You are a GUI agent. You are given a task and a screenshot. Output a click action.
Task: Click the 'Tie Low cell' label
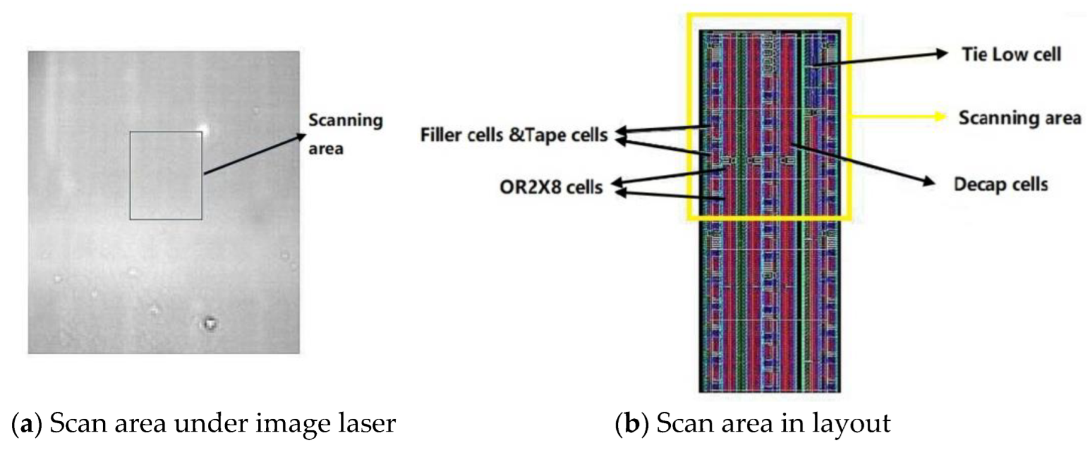(1011, 55)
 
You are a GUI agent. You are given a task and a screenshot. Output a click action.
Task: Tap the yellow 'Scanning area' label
(1019, 117)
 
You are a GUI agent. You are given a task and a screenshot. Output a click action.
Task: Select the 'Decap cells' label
(1000, 184)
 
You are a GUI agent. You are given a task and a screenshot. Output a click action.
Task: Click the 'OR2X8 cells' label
(550, 187)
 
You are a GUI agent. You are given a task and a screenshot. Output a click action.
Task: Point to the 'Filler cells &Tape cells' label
(513, 135)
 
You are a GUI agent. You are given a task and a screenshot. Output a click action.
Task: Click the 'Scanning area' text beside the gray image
(345, 134)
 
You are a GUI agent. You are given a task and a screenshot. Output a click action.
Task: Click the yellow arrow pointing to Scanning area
(898, 117)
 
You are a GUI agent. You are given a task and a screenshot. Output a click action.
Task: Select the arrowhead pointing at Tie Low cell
(942, 53)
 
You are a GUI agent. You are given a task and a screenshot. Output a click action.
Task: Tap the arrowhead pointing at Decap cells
(929, 181)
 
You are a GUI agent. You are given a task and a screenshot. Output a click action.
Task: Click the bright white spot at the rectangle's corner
(204, 129)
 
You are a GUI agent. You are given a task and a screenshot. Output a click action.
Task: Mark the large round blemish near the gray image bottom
(210, 323)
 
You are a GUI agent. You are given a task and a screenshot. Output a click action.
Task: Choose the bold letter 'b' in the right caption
(631, 424)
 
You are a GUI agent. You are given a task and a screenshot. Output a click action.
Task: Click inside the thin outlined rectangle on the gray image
(166, 176)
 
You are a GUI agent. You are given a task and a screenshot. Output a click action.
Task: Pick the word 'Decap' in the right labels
(974, 185)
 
